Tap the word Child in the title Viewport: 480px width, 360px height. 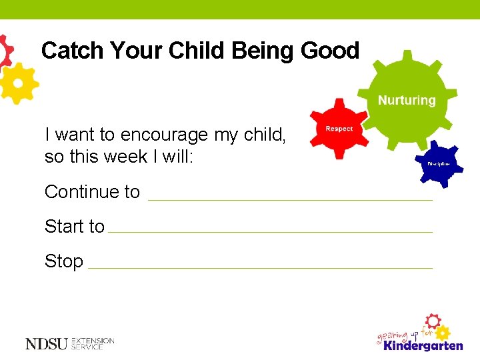coord(198,51)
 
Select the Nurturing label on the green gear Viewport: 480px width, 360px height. coord(407,101)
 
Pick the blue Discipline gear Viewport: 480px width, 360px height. coord(438,163)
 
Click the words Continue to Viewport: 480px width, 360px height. coord(92,192)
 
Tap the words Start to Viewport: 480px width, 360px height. coord(74,227)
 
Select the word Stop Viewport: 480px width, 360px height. coord(63,261)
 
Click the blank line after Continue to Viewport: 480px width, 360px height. coord(290,199)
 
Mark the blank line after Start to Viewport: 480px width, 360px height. coord(270,231)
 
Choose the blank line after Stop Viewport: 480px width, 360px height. coord(260,267)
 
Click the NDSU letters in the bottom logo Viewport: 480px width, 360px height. coord(46,344)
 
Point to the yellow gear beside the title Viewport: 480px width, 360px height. coord(18,83)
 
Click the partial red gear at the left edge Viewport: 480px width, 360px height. coord(5,50)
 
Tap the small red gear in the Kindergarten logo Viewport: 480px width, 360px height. coord(433,320)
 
